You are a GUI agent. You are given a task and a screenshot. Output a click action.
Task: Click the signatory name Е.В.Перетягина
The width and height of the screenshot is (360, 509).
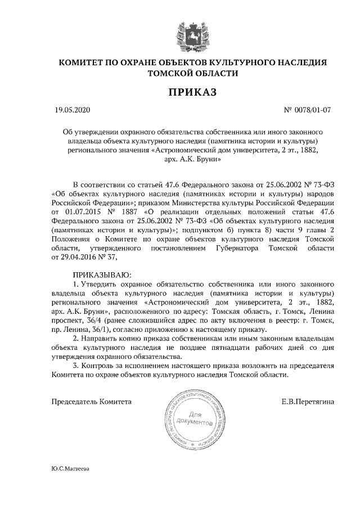(x=308, y=402)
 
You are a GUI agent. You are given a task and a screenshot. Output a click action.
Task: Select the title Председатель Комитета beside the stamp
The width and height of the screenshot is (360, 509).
(x=92, y=402)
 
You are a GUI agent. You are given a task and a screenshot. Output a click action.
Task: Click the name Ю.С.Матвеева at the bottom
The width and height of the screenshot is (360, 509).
(x=70, y=468)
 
